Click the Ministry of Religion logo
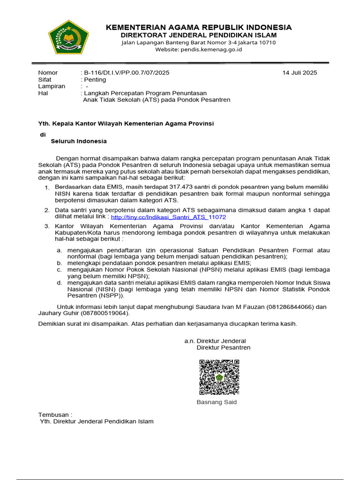point(68,37)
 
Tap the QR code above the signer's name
point(219,377)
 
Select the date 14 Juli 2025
point(300,73)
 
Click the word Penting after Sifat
point(95,80)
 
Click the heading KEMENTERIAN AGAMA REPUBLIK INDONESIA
point(199,27)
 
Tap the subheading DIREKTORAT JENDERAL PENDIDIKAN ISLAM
point(199,35)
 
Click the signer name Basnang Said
point(217,402)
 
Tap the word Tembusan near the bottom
point(54,414)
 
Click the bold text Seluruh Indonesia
point(79,141)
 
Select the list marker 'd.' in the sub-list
point(60,283)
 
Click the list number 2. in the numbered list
point(46,210)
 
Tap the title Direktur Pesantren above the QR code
point(223,347)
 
